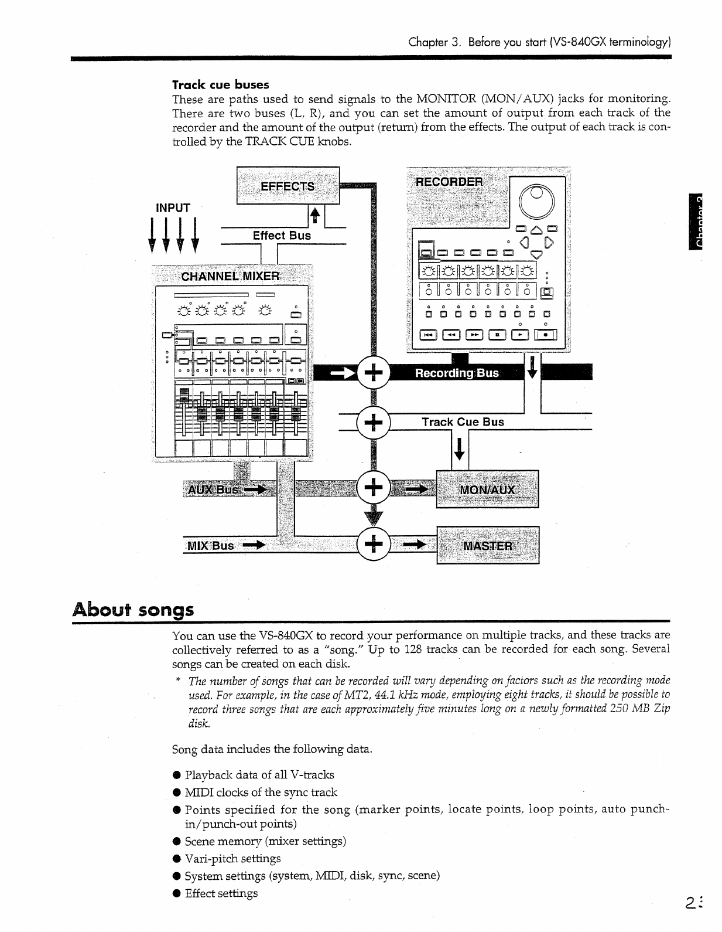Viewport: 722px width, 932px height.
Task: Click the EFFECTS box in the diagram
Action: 288,186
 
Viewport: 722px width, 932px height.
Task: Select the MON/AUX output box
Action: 487,489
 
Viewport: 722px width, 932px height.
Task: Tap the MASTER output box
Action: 487,545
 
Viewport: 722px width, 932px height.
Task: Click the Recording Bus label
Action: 457,373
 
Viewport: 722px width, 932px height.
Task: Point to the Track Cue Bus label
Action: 463,421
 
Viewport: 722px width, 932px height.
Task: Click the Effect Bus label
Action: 282,235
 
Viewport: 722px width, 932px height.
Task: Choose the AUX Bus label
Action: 212,489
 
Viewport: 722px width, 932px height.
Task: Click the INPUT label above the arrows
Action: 173,208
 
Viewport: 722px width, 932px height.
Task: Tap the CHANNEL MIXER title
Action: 230,276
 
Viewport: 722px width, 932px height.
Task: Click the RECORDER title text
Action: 449,182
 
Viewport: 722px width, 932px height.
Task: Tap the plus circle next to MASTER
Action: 374,545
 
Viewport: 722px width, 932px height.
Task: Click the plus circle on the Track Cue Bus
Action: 374,421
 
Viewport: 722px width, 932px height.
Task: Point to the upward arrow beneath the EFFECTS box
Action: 314,216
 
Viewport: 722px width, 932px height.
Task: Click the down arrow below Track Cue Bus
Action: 460,448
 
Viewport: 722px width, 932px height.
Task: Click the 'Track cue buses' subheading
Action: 221,84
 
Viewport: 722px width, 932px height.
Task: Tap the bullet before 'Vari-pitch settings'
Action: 176,859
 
